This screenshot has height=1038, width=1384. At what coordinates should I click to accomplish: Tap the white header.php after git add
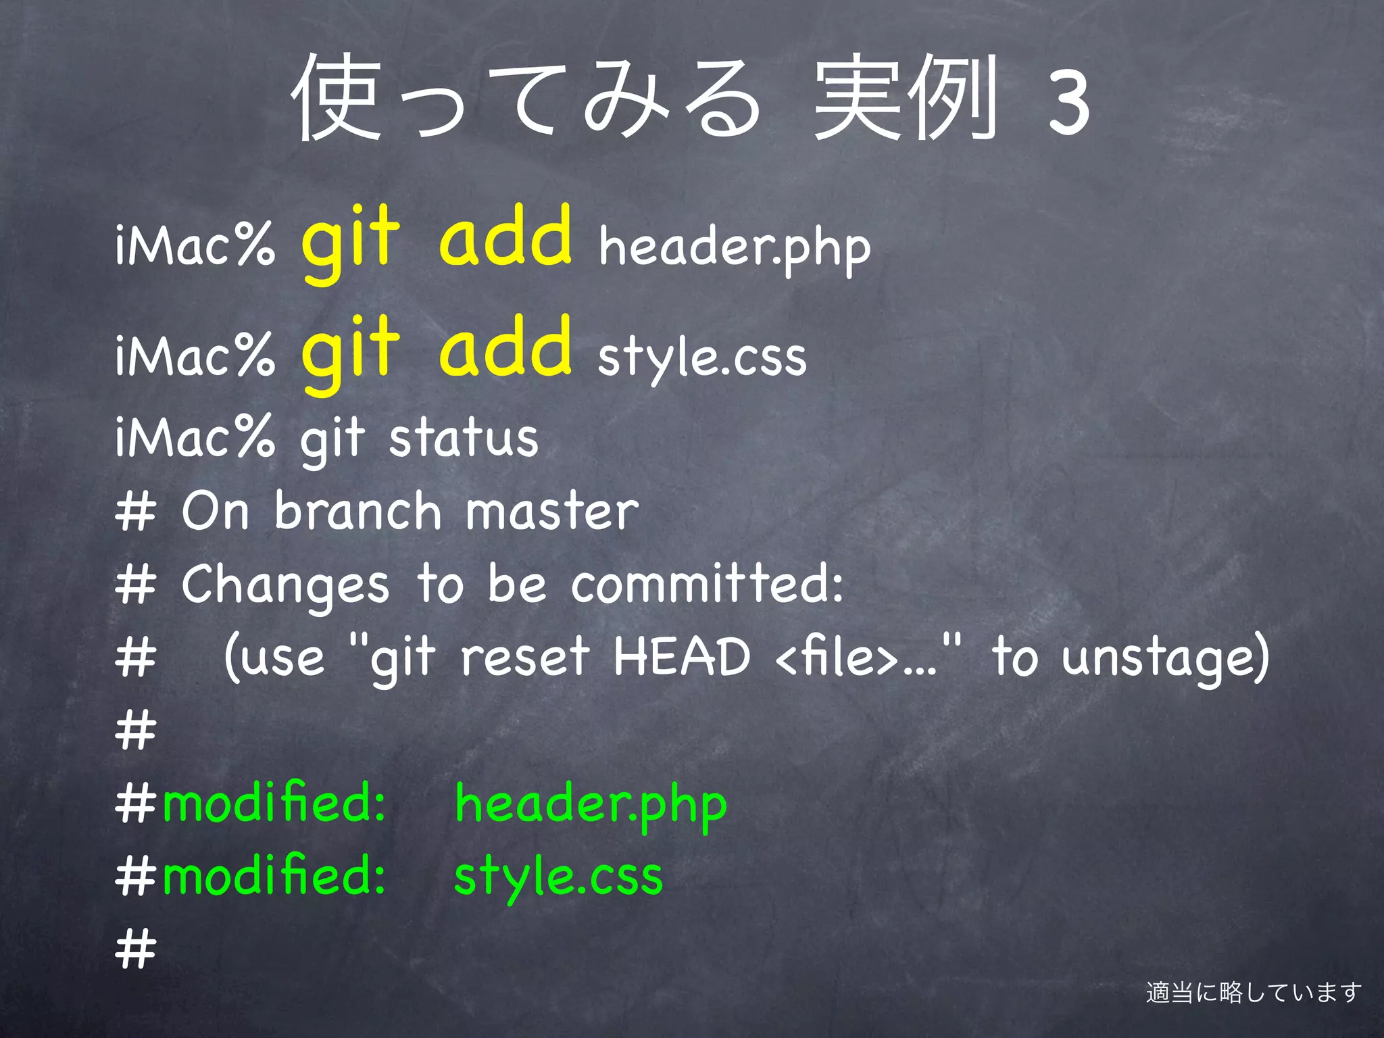[x=735, y=248]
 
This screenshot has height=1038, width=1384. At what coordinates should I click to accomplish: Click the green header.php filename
[x=591, y=804]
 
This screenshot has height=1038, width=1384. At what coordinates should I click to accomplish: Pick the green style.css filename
[x=558, y=877]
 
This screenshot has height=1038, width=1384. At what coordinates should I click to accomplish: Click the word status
[x=464, y=438]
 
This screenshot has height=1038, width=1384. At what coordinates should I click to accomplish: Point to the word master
[x=551, y=512]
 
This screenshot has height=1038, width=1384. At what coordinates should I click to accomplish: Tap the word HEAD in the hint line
[x=681, y=657]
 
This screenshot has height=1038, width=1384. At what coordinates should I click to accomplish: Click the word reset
[x=525, y=657]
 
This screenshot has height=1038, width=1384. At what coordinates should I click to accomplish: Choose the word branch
[x=357, y=512]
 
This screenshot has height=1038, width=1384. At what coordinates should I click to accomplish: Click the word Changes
[x=285, y=586]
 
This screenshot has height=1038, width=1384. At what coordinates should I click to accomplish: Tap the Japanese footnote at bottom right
[x=1254, y=992]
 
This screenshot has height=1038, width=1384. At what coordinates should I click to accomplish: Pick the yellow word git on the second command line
[x=350, y=351]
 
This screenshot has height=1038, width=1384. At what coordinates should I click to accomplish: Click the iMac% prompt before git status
[x=195, y=438]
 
